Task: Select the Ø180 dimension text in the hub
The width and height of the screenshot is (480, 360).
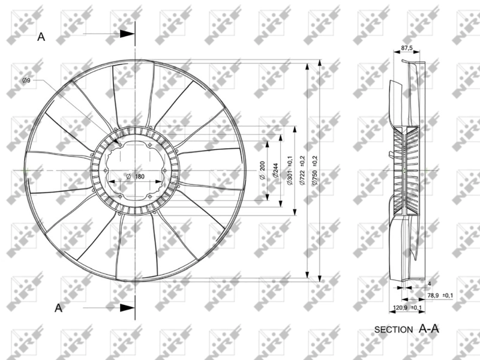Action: [135, 176]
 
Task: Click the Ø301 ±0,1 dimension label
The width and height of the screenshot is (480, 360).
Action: [290, 172]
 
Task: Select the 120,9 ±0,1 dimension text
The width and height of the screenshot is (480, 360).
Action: [407, 308]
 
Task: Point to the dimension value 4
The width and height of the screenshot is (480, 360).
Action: [430, 283]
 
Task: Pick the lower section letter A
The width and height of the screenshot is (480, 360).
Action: [58, 308]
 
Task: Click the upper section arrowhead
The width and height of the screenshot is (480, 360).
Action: [127, 34]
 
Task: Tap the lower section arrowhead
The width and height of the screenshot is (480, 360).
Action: [127, 308]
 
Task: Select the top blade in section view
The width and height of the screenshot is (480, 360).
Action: [399, 99]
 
